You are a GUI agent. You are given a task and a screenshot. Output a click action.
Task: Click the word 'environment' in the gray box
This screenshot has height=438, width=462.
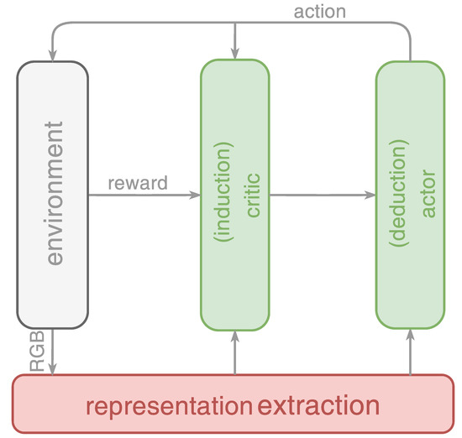click(x=53, y=194)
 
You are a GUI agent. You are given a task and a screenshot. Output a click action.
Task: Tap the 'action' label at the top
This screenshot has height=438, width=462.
click(x=318, y=12)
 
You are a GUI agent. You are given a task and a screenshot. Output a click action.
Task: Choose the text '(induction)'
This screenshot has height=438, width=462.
click(x=224, y=195)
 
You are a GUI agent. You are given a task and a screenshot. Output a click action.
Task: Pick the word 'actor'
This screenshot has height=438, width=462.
click(x=428, y=195)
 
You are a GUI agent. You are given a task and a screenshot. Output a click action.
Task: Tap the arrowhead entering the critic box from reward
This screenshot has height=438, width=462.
click(x=196, y=196)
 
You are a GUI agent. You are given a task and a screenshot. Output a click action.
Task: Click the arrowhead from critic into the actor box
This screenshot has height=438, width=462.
click(x=370, y=196)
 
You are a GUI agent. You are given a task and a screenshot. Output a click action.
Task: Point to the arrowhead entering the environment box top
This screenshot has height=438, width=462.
click(x=53, y=56)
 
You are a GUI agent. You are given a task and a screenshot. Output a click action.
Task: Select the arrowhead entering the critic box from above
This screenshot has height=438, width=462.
click(x=235, y=56)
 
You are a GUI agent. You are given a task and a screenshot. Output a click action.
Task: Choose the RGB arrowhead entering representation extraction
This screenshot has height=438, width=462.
click(x=53, y=370)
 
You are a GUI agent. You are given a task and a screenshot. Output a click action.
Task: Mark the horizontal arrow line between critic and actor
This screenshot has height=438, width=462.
click(x=319, y=196)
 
